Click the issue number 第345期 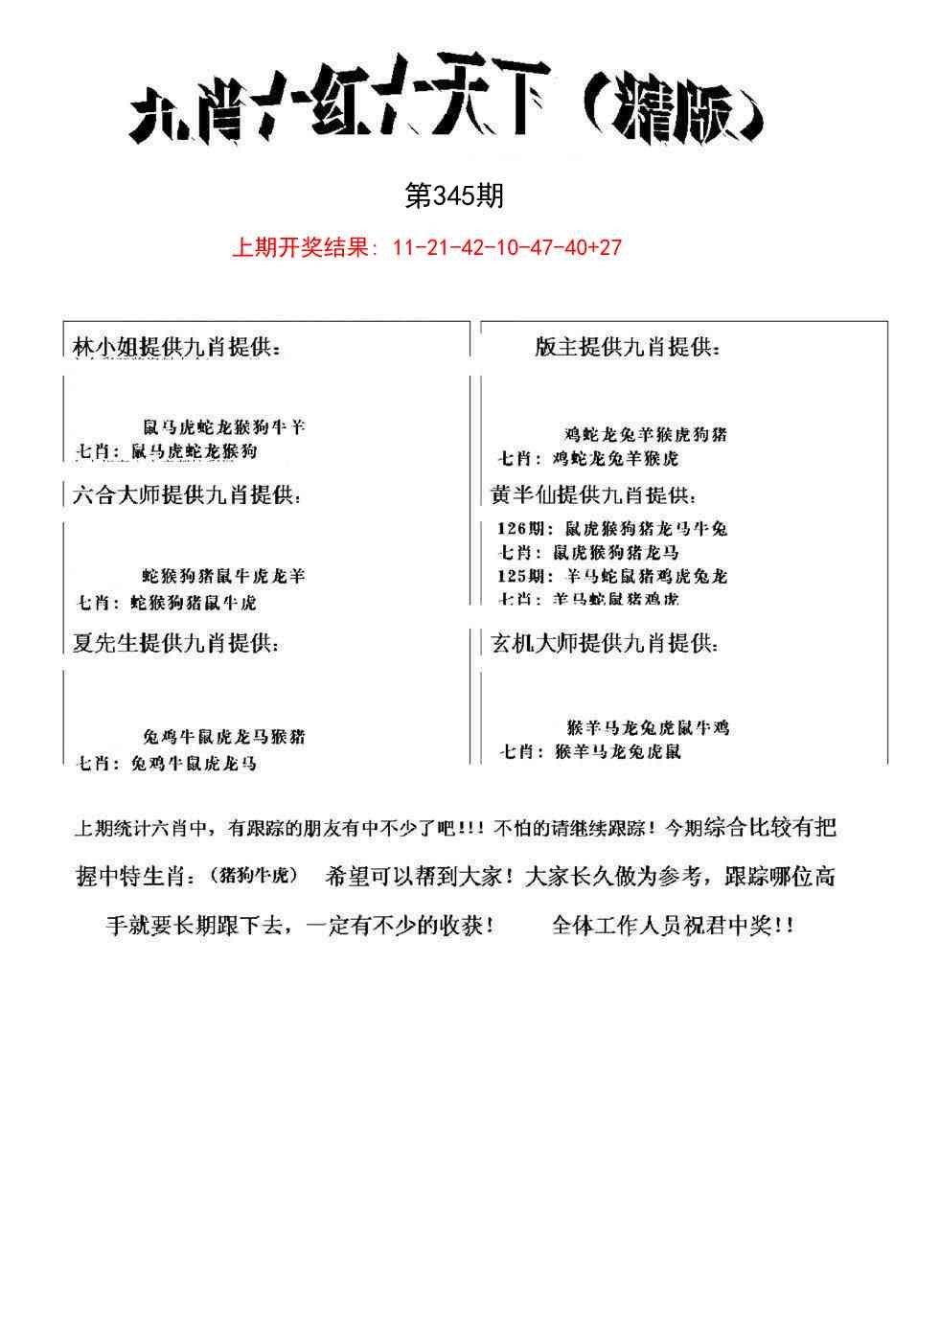tap(454, 196)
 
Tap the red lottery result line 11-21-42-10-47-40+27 tap(426, 248)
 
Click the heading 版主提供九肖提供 tap(627, 349)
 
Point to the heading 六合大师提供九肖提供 tap(186, 496)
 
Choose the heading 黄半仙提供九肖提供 tap(594, 496)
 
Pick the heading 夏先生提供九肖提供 tap(176, 643)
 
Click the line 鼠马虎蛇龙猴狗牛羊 tap(224, 427)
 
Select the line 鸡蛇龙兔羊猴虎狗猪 tap(646, 434)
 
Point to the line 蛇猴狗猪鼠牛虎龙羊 tap(224, 576)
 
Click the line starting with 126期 tap(612, 528)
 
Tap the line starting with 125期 tap(612, 576)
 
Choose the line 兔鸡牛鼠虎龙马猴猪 tap(224, 737)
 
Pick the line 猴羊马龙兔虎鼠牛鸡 tap(648, 727)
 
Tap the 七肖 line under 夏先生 tap(167, 764)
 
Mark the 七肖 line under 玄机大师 tap(590, 752)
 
